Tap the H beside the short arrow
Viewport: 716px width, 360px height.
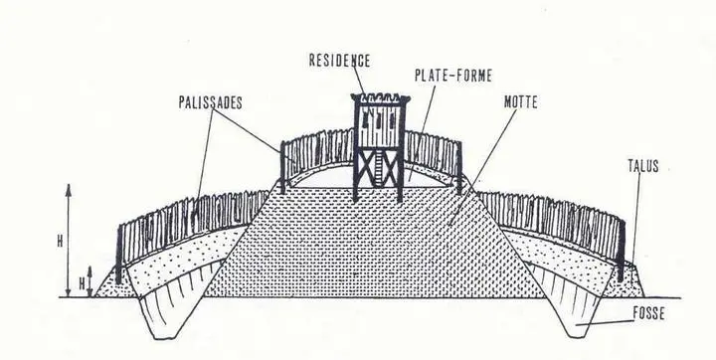point(80,283)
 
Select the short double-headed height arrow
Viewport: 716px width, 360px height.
point(91,281)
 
